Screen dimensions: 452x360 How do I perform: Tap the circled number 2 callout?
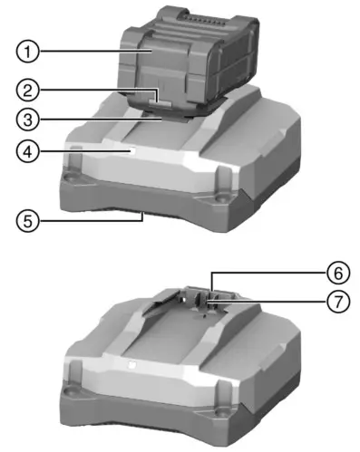(x=30, y=89)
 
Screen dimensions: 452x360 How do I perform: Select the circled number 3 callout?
(x=30, y=118)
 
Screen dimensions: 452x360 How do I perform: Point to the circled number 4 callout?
(x=30, y=153)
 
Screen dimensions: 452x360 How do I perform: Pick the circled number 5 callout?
(x=30, y=217)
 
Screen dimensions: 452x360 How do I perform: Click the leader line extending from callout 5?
(x=91, y=217)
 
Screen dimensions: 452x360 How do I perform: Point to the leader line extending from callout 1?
(x=91, y=54)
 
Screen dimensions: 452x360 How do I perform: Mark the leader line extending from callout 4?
(x=86, y=153)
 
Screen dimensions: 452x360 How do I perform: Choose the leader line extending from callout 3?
(x=100, y=118)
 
